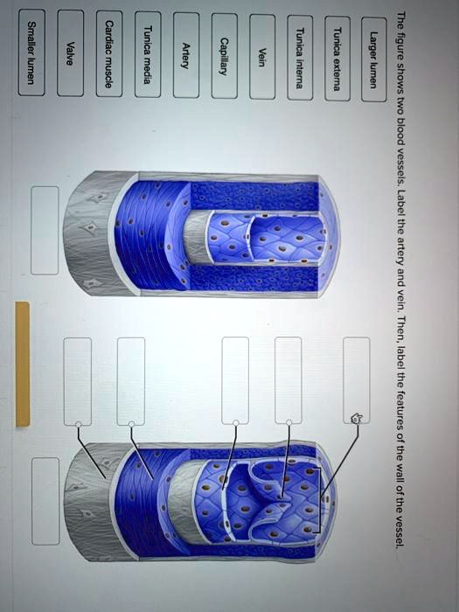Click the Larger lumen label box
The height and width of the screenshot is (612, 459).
374,59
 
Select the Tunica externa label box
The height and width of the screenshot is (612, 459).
337,59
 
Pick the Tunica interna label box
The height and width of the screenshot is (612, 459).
300,58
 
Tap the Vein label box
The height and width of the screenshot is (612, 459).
262,57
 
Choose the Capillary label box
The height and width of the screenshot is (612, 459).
225,56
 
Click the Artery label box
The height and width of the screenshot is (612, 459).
186,55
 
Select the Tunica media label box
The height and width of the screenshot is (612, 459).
148,54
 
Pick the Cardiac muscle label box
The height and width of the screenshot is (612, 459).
109,54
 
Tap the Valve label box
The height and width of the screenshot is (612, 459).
70,53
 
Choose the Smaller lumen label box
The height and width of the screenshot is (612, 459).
31,52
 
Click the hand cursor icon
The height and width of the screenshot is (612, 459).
357,420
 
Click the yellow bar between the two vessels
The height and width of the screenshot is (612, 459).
23,364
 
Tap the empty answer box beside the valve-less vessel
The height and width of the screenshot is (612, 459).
45,230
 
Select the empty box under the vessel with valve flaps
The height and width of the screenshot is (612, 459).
45,501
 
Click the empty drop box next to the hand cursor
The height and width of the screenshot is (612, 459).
357,380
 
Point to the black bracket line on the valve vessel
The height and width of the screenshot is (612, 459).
320,500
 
